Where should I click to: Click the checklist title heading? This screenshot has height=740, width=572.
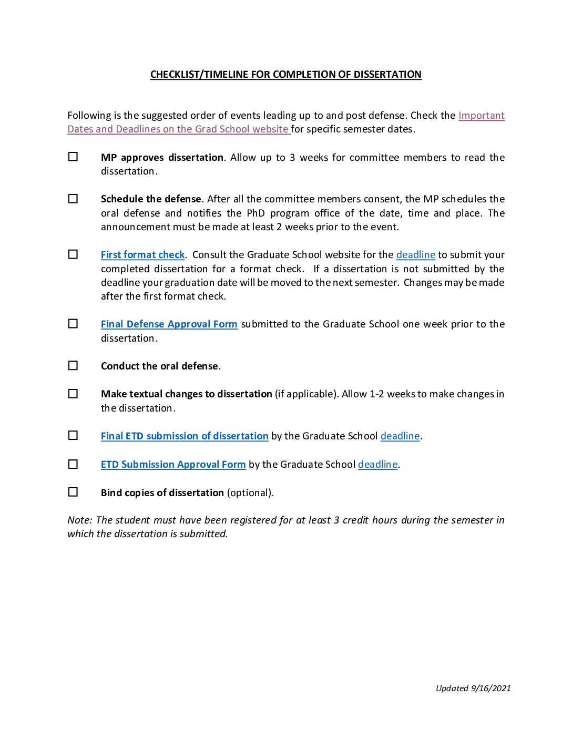285,75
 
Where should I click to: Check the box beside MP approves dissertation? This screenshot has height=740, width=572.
73,157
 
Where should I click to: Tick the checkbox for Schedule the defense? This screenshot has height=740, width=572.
73,199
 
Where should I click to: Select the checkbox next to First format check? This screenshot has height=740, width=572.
73,254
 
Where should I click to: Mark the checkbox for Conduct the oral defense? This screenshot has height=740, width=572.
73,366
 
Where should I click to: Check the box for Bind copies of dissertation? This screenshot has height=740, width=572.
73,492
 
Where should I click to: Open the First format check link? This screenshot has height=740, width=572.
142,255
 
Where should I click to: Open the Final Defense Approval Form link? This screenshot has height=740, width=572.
169,324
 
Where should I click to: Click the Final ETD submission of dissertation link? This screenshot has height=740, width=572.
185,436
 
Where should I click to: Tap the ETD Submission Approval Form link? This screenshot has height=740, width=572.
173,465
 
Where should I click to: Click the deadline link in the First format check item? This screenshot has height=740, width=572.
415,255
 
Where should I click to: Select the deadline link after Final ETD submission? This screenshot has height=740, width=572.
400,436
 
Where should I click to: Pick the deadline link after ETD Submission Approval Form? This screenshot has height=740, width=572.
377,465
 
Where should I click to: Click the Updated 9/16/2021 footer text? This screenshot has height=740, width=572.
473,688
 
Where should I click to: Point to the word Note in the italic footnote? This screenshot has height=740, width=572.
78,520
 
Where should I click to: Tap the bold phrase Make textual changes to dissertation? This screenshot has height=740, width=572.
186,394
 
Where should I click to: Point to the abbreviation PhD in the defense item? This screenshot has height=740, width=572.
256,213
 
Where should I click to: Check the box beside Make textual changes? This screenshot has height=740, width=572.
73,394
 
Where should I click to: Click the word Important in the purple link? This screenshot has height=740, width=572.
481,116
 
